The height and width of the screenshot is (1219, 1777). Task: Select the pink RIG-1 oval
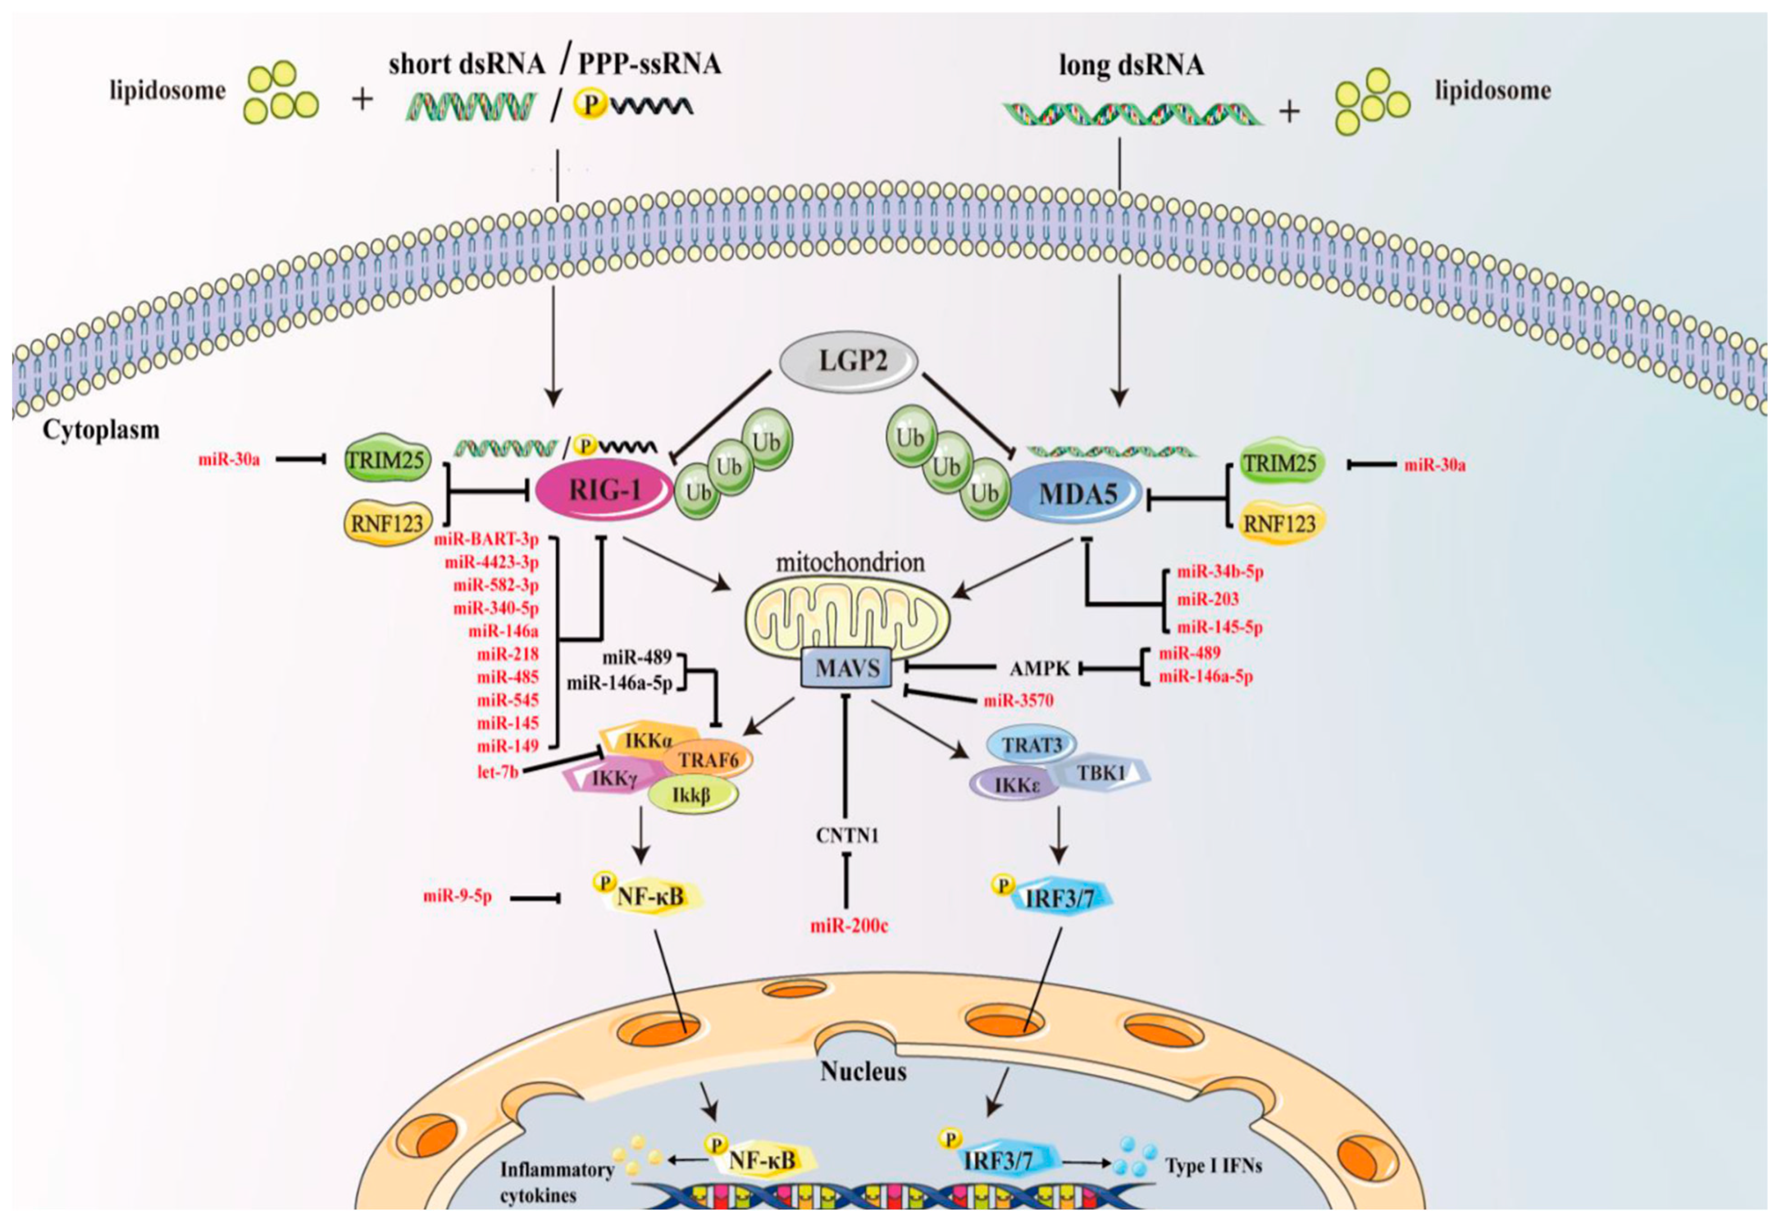[604, 490]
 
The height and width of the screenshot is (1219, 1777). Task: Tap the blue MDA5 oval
[1077, 495]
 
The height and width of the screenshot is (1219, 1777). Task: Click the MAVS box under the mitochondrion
[847, 669]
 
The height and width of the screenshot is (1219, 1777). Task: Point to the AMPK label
[1039, 669]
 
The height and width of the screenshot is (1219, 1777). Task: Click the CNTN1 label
[847, 835]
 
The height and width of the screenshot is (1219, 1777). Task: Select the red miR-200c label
[849, 926]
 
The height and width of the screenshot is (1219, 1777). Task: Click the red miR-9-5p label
[457, 896]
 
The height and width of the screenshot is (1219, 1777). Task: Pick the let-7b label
[498, 772]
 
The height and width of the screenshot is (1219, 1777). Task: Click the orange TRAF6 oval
[708, 760]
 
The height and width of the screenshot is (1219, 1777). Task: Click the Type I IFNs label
[1213, 1166]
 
